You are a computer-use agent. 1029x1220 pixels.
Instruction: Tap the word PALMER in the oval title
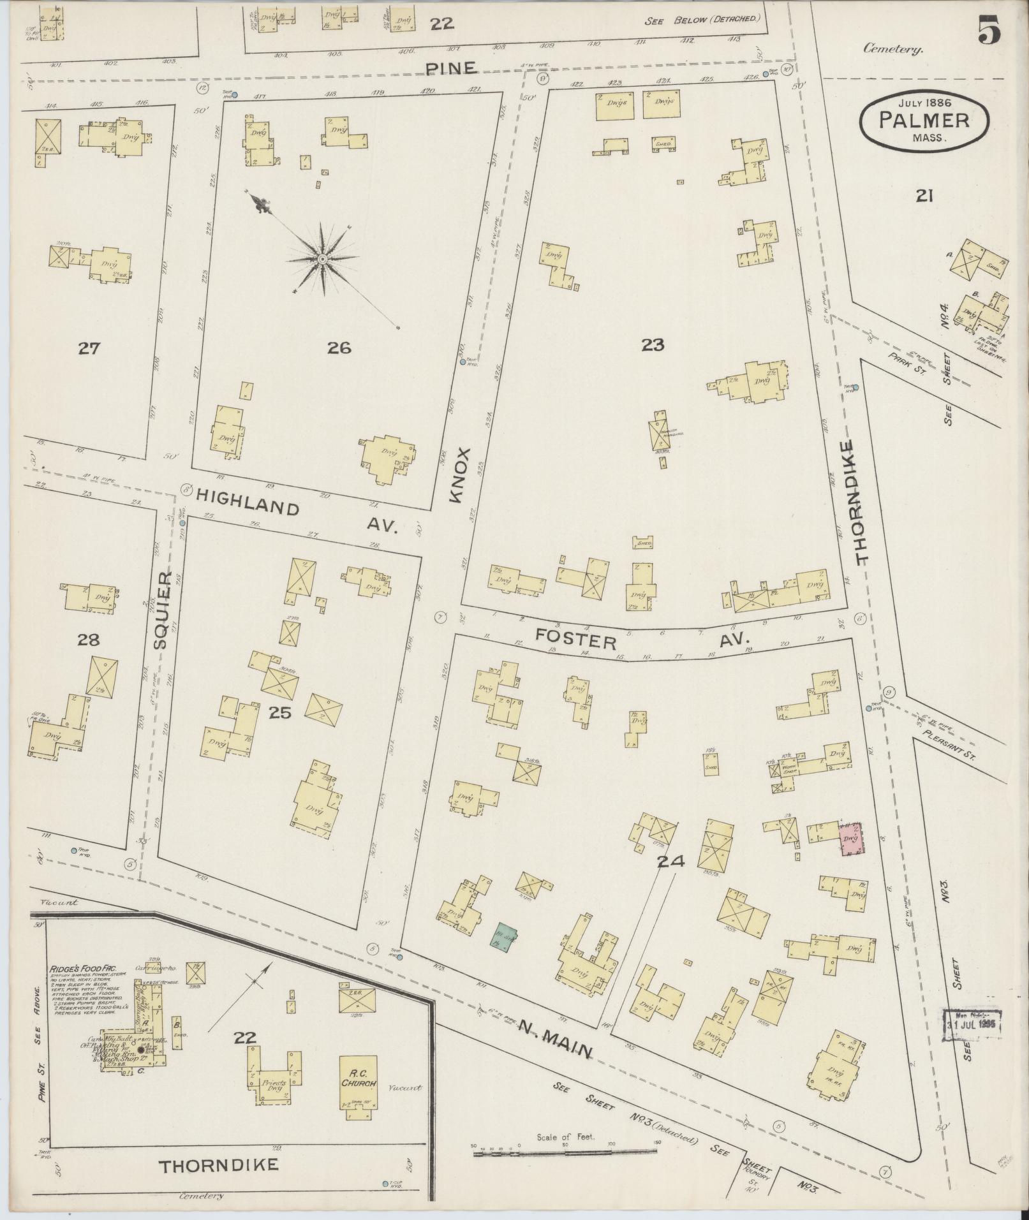click(924, 121)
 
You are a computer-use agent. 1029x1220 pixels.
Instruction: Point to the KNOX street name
click(459, 475)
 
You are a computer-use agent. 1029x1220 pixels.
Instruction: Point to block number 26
click(339, 348)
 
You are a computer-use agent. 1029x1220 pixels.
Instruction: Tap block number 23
click(653, 345)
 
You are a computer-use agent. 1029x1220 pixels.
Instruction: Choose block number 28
click(88, 640)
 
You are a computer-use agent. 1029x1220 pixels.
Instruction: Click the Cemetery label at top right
click(893, 49)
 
